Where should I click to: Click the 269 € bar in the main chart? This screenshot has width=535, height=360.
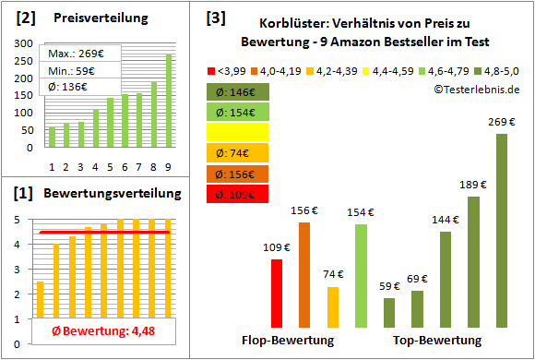(x=502, y=231)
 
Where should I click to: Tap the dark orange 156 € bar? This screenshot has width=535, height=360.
(x=304, y=275)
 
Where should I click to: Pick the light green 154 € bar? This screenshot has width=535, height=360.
(x=360, y=276)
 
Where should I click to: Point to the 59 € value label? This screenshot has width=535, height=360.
(x=389, y=286)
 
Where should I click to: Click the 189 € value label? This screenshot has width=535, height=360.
(x=473, y=186)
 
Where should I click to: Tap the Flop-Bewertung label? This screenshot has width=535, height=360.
(x=287, y=341)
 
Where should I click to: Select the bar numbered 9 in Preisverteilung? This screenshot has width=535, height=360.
(x=169, y=101)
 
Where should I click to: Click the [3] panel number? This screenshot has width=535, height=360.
(x=216, y=18)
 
